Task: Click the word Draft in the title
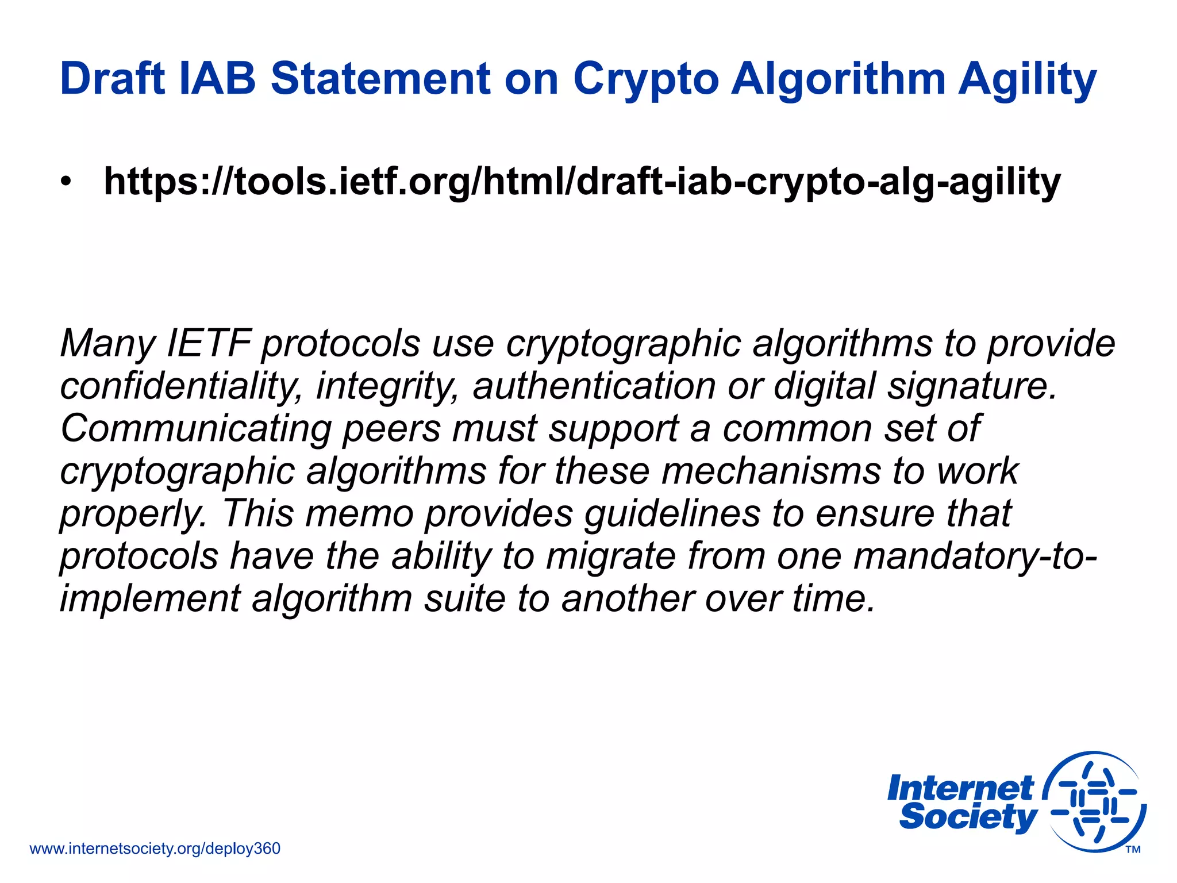click(113, 79)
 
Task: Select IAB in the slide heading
click(217, 79)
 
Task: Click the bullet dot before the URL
click(67, 183)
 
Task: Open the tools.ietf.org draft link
click(582, 183)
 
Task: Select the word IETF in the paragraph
click(209, 343)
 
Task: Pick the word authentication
click(594, 386)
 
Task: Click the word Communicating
click(195, 429)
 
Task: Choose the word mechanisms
click(770, 471)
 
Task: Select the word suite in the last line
click(464, 598)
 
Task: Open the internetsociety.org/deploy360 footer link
click(155, 849)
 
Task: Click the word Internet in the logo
click(960, 788)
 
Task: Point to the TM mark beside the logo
click(1133, 850)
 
